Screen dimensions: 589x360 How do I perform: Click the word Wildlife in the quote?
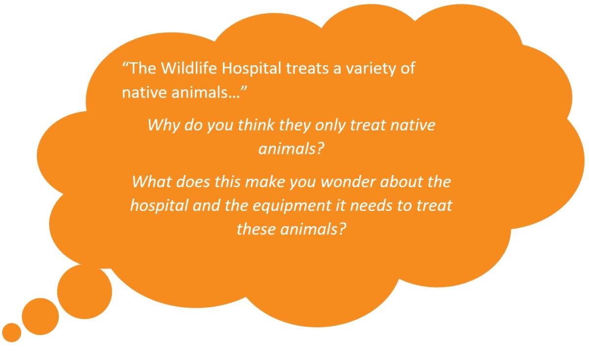189,68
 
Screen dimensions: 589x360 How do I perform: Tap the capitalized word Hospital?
251,69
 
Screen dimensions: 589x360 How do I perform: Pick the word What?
152,181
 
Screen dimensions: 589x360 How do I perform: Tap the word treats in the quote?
307,69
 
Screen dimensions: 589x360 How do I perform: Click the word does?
193,182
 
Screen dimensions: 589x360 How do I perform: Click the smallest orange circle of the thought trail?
12,333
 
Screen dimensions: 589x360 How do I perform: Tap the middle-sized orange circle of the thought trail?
40,316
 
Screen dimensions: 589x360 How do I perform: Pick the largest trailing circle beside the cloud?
84,292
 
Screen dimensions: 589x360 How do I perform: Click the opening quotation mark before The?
126,64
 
